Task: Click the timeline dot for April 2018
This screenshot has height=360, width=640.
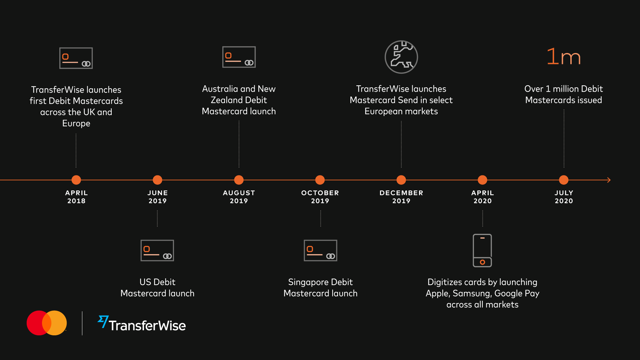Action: (x=76, y=180)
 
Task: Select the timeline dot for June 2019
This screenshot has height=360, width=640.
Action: (x=157, y=180)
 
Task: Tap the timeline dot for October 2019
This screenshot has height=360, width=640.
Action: (x=320, y=180)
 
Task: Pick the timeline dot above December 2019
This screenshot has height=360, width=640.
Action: (x=401, y=180)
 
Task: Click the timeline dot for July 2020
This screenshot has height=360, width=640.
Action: (x=564, y=180)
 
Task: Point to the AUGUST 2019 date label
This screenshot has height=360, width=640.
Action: (x=239, y=197)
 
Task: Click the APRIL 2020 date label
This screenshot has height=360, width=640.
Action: (x=483, y=197)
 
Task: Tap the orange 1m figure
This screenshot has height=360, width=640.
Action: (x=564, y=56)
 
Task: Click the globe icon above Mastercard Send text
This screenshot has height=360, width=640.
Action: (x=401, y=57)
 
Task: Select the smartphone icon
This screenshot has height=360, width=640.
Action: (x=482, y=250)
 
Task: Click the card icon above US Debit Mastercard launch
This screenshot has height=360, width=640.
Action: (x=157, y=250)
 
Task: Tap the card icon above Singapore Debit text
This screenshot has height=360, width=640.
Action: (x=320, y=250)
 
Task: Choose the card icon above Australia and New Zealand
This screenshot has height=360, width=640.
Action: (x=239, y=57)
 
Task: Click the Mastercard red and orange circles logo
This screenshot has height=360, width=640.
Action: (x=47, y=323)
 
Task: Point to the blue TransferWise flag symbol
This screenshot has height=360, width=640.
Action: (x=103, y=321)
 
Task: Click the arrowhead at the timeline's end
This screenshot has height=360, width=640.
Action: (x=609, y=180)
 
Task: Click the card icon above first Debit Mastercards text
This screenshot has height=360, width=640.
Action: (x=76, y=58)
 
